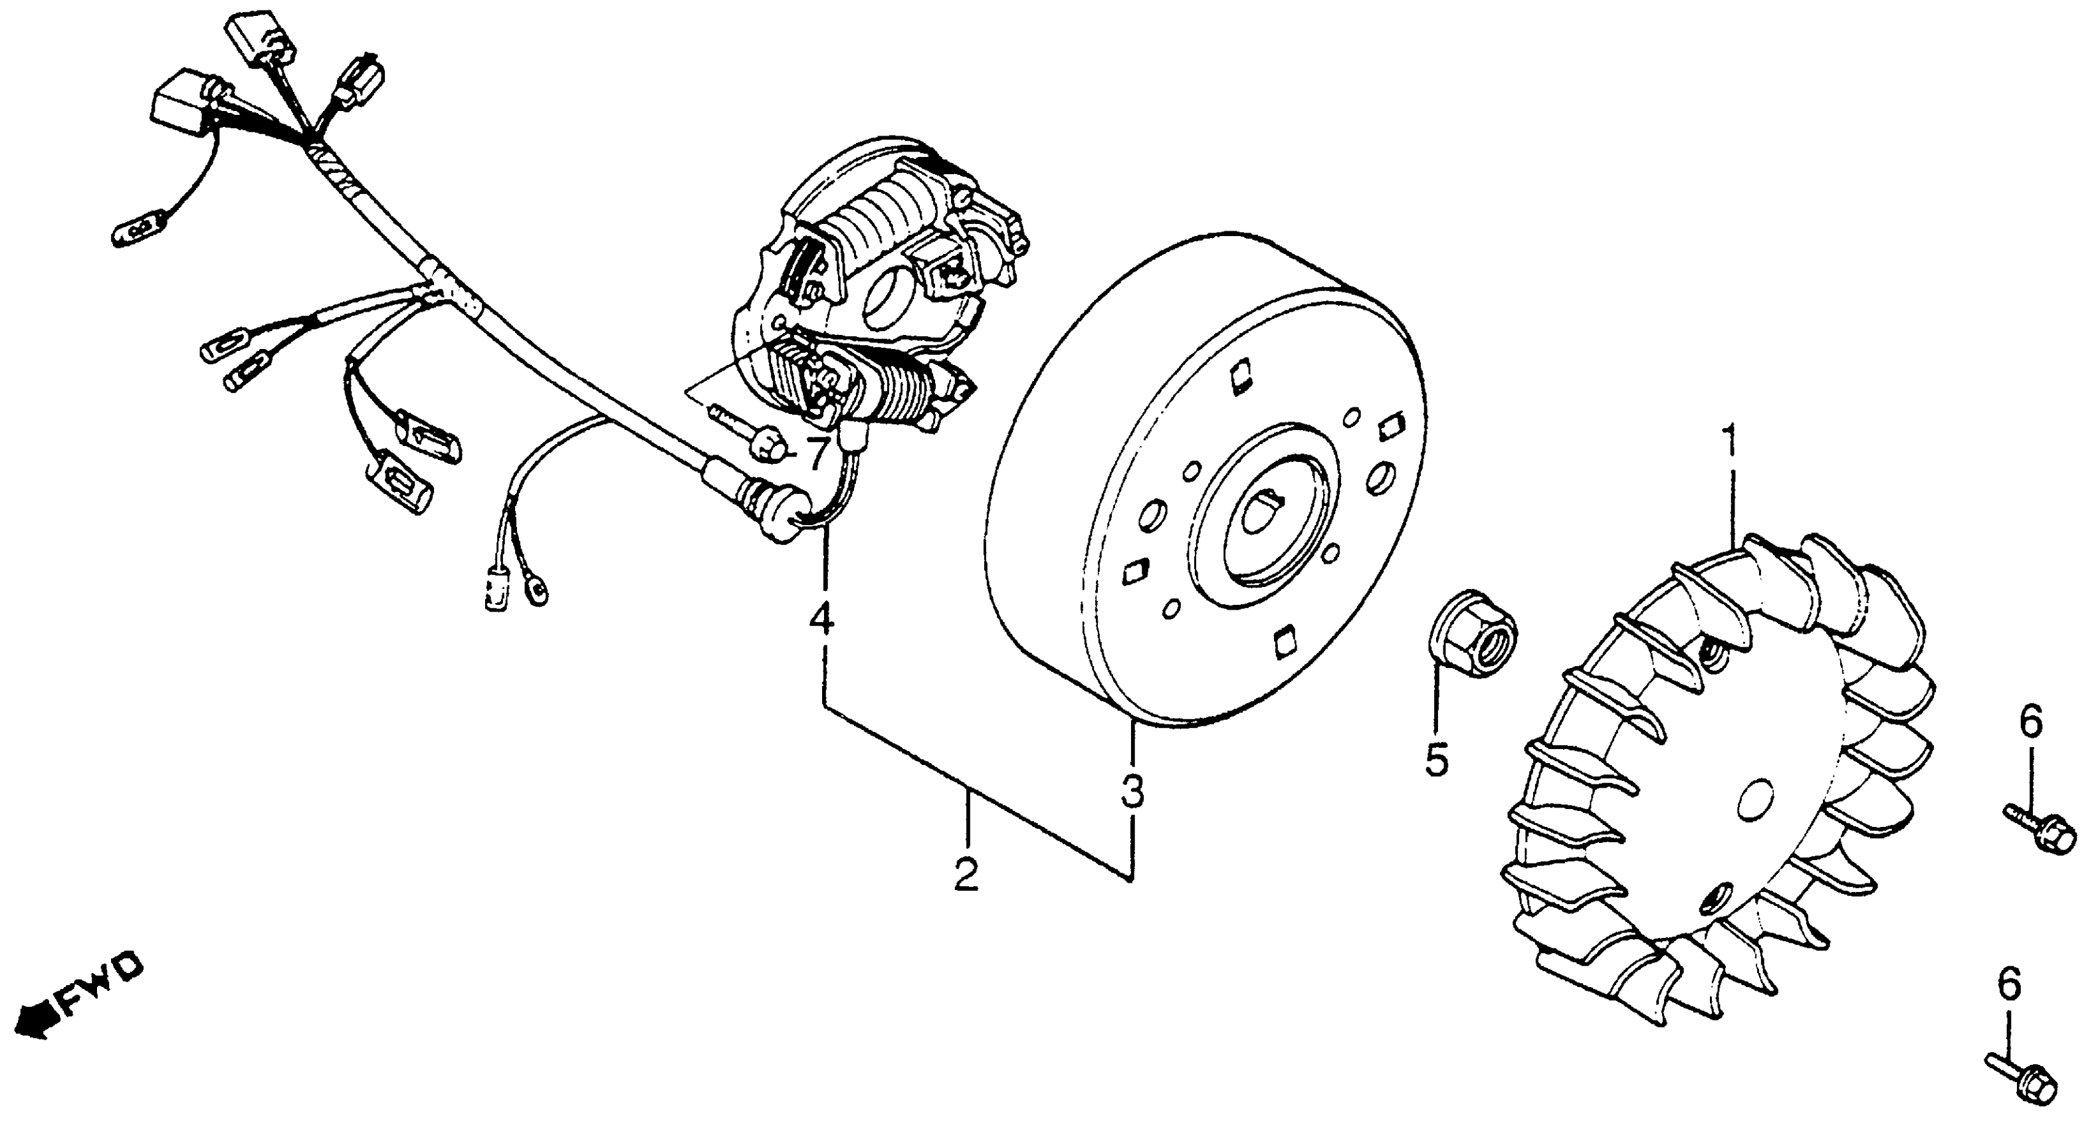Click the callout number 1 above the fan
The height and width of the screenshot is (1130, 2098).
[x=1729, y=444]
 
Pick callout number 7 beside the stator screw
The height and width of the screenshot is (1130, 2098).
[x=817, y=453]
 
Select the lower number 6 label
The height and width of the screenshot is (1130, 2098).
[x=2009, y=986]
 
